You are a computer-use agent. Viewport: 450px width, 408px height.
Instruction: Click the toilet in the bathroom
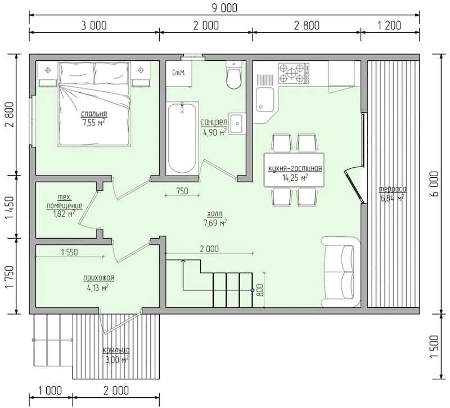(x=233, y=75)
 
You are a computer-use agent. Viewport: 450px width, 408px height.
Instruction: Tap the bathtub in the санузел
(x=182, y=137)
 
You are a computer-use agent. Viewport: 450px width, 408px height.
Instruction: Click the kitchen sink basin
(x=264, y=100)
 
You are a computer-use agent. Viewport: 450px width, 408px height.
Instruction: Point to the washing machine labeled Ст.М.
(x=179, y=73)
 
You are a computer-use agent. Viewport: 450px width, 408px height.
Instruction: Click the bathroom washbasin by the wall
(x=237, y=123)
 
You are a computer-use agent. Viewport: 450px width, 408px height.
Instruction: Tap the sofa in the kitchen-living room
(x=340, y=272)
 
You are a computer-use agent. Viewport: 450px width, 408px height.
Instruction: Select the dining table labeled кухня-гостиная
(x=294, y=171)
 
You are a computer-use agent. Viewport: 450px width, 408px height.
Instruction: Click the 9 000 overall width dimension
(x=224, y=8)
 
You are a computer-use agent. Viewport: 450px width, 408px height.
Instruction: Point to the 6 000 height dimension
(x=435, y=184)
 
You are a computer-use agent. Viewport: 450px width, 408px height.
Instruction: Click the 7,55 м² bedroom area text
(x=93, y=123)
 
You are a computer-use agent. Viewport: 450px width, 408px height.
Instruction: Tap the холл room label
(x=215, y=214)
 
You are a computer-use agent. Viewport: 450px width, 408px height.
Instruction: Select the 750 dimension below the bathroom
(x=182, y=191)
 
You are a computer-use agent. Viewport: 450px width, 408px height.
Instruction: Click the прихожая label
(x=99, y=278)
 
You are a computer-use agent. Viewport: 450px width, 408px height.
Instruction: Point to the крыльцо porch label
(x=116, y=350)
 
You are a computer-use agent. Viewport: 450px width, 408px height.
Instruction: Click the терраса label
(x=393, y=190)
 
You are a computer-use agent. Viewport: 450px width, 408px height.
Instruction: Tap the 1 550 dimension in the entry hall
(x=69, y=252)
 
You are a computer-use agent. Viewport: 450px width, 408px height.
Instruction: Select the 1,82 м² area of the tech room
(x=64, y=214)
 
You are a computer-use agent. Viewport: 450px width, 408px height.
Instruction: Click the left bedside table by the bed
(x=48, y=74)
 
